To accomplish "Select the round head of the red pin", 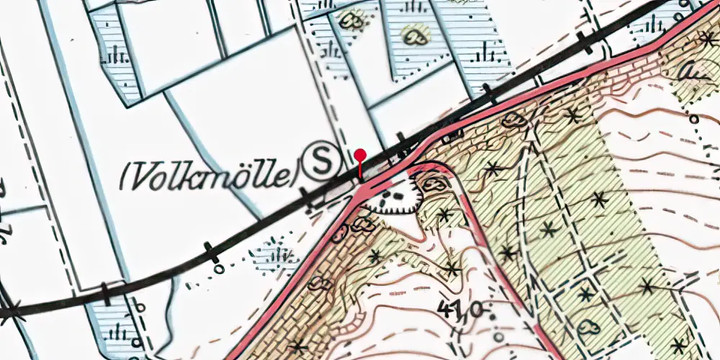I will point(360,155).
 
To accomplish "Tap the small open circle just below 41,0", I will point(498,336).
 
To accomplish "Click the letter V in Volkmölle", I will point(143,174).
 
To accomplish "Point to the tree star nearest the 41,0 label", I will point(452,270).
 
